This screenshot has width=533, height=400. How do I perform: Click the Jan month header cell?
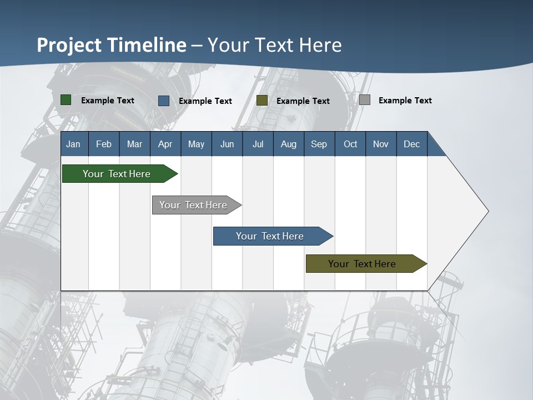74,144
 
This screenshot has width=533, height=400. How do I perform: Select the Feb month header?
104,144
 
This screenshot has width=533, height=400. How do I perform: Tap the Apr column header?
165,144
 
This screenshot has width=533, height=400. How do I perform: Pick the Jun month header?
227,144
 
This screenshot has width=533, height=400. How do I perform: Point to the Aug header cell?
288,144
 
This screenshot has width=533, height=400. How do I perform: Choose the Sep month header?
319,144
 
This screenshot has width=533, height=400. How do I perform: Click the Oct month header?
350,144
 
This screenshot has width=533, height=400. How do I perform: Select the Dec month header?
411,144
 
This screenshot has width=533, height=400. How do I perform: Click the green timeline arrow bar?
117,174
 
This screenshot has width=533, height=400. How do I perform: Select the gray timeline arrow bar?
194,205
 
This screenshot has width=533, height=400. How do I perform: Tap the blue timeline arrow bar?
270,236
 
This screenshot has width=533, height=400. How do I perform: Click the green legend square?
66,100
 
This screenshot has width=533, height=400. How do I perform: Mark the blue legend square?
164,101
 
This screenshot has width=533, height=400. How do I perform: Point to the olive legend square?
262,101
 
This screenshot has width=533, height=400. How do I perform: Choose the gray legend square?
365,100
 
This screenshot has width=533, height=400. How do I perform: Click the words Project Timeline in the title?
112,45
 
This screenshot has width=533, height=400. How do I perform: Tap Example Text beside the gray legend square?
405,101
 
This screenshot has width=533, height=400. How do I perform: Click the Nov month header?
381,144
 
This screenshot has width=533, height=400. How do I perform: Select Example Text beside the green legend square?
108,101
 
